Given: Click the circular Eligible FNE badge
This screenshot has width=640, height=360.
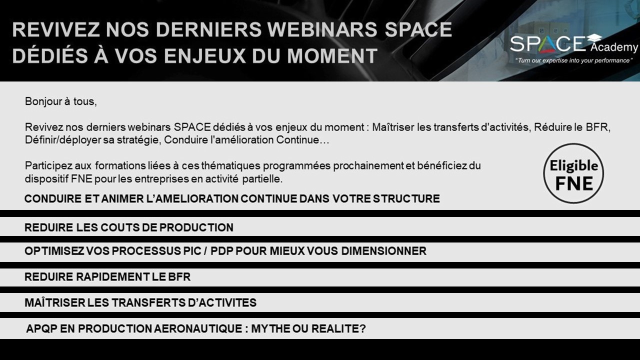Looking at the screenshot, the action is tap(573, 173).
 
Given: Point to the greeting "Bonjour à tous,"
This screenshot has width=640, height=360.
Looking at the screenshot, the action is tap(61, 101).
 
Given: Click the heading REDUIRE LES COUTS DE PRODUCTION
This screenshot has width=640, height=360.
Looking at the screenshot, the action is tap(129, 227).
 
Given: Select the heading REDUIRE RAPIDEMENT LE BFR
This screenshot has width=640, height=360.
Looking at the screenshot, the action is tap(107, 277).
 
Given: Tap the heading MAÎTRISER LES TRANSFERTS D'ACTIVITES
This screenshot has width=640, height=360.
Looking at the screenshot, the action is tap(140, 302).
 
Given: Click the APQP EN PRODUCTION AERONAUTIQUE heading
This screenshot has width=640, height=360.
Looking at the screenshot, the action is tap(196, 328).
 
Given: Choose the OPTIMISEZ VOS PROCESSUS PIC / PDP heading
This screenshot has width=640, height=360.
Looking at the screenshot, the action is tap(225, 251).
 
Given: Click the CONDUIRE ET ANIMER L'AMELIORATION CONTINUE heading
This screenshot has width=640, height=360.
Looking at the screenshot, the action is tap(232, 198).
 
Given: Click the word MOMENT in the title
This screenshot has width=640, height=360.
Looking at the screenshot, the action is tap(332, 55).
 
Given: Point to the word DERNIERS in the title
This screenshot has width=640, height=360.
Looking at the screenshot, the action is tap(208, 29).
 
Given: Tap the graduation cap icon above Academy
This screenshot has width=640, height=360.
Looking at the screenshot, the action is tap(594, 38).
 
